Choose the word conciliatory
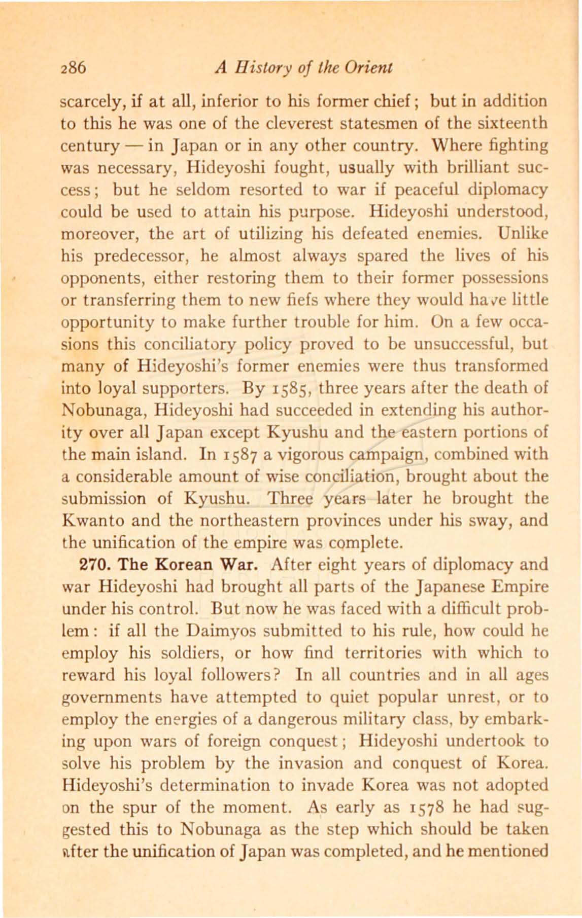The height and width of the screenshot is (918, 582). (x=194, y=344)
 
